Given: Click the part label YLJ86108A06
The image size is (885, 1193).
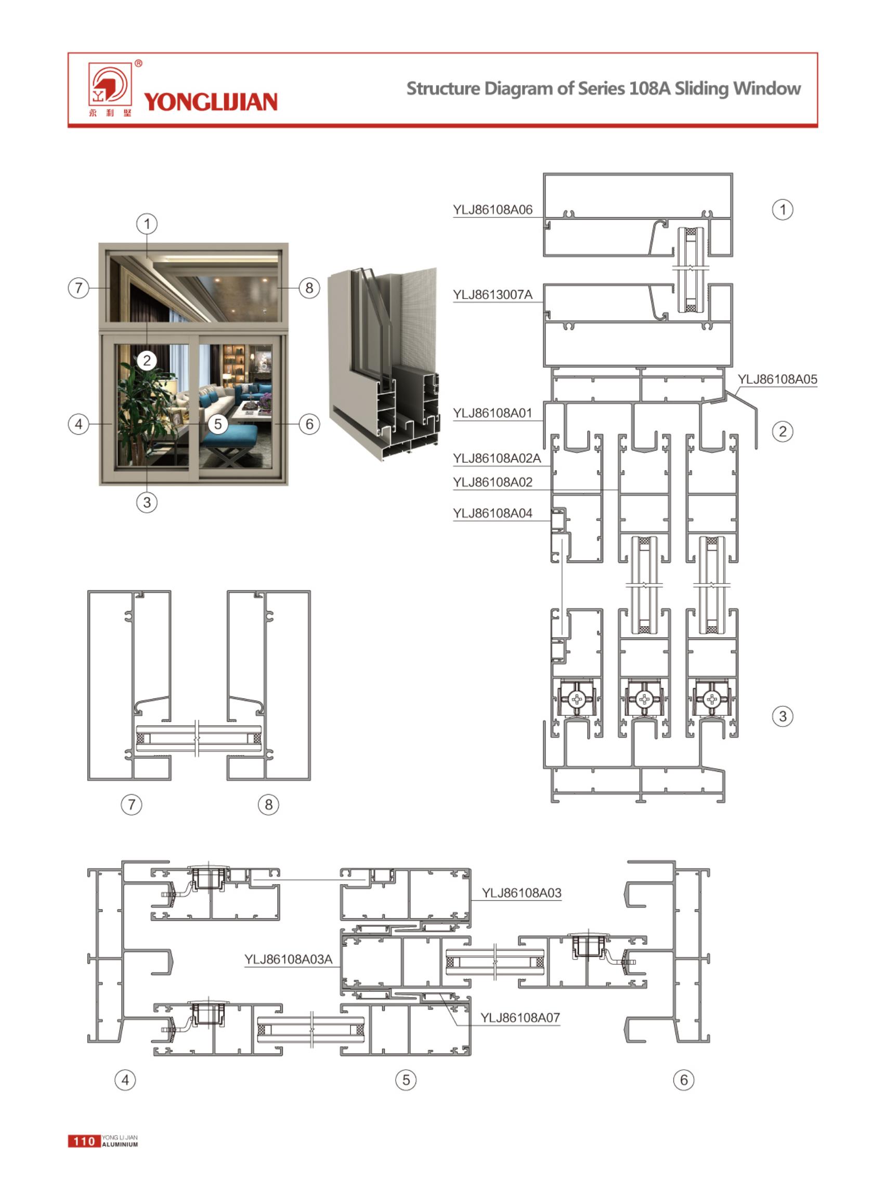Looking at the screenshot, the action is [x=492, y=210].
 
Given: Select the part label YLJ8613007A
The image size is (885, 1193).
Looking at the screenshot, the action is [x=492, y=295].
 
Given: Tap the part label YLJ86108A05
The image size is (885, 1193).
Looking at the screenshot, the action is [x=777, y=379].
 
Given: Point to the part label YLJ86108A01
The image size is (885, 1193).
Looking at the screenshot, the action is [x=492, y=413].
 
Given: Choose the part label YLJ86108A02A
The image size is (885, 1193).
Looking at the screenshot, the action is [x=497, y=459].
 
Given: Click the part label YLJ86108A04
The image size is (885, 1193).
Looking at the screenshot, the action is [x=492, y=513].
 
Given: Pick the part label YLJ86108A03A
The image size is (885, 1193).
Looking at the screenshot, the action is [x=288, y=959].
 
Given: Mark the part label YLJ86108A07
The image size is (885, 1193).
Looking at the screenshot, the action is [x=519, y=1018].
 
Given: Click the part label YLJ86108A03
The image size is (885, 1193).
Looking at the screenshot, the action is [x=521, y=893].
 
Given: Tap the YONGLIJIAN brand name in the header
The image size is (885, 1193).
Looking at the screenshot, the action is [x=211, y=102].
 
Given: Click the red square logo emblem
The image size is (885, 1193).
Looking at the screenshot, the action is [x=110, y=84].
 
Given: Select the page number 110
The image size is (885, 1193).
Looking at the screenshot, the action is [x=84, y=1141].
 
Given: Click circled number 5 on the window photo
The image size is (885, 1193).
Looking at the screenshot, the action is [x=217, y=424].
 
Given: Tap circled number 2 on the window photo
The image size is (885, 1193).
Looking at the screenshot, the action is [x=147, y=360].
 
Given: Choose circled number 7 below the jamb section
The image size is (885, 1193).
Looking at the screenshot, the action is [x=132, y=804].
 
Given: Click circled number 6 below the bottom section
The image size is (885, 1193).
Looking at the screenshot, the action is [x=684, y=1080].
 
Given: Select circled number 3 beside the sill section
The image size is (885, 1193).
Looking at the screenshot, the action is [x=783, y=716].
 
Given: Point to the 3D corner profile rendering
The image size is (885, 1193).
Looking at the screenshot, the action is [x=383, y=364].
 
